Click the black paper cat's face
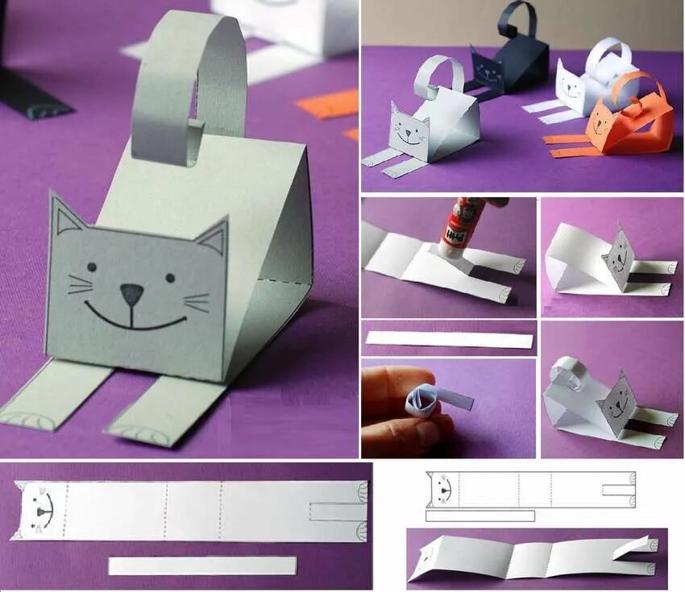tap(486, 69)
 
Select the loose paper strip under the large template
tap(201, 565)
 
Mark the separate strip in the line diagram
tap(479, 515)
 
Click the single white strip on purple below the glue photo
tap(448, 339)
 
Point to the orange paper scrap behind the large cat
tap(327, 104)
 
